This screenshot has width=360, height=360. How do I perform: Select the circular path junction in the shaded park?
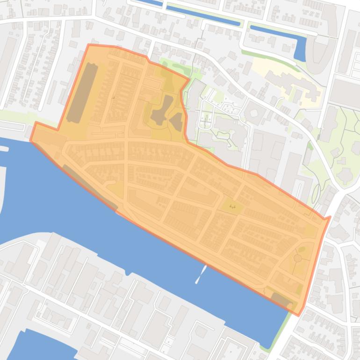[297, 258]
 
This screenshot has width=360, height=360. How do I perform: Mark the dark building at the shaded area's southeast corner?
[281, 299]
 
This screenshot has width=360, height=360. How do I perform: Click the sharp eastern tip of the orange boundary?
[330, 217]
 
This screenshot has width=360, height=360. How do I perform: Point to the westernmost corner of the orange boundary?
[31, 140]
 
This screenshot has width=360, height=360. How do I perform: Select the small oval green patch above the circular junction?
[302, 248]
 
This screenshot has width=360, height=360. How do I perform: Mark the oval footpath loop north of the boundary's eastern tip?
[316, 192]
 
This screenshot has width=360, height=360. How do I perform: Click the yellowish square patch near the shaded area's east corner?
[310, 230]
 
